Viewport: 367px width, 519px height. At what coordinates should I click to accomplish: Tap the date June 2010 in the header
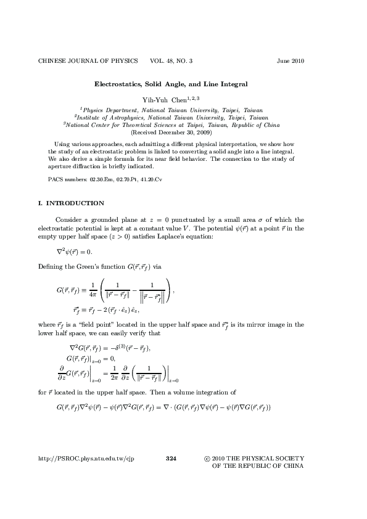click(291, 61)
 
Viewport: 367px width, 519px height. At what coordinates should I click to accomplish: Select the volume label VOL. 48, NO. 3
click(171, 61)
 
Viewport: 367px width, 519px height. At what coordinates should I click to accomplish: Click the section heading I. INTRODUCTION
click(71, 203)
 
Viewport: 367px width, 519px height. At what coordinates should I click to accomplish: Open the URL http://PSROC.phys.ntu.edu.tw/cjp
click(86, 459)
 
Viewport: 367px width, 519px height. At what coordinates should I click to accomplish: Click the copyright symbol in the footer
click(207, 459)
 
